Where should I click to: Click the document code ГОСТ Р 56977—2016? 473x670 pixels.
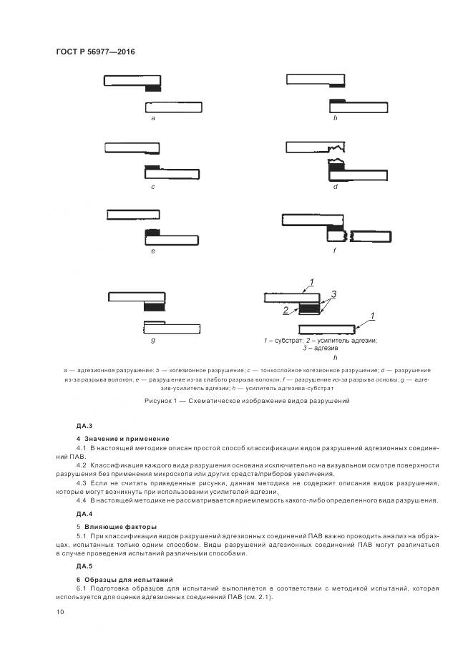tap(95, 52)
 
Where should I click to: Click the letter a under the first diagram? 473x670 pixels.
tap(153, 118)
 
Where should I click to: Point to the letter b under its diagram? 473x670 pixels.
tap(334, 118)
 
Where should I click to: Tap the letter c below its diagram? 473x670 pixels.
tap(153, 187)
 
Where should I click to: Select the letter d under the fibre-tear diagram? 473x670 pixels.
tap(334, 187)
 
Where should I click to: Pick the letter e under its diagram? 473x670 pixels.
tap(153, 251)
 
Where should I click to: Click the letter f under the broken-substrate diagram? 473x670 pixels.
tap(334, 251)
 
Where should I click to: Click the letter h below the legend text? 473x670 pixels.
tap(334, 356)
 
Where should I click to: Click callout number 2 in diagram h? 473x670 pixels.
tap(285, 311)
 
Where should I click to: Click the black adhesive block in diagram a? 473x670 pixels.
tap(153, 89)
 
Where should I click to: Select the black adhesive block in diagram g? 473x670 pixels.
tap(152, 306)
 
